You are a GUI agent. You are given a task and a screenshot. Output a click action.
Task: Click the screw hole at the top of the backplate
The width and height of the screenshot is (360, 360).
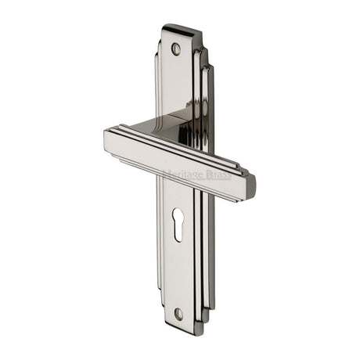pyautogui.click(x=176, y=49)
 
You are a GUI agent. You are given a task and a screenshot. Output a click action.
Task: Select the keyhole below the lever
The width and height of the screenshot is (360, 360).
pyautogui.click(x=178, y=224)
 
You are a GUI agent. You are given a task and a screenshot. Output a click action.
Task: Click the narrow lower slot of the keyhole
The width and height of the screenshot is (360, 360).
pyautogui.click(x=178, y=232)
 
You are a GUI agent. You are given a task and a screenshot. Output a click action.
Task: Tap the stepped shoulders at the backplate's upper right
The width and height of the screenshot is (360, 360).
pyautogui.click(x=206, y=63)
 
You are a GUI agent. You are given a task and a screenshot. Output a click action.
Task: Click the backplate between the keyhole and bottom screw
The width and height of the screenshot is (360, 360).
pyautogui.click(x=178, y=274)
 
